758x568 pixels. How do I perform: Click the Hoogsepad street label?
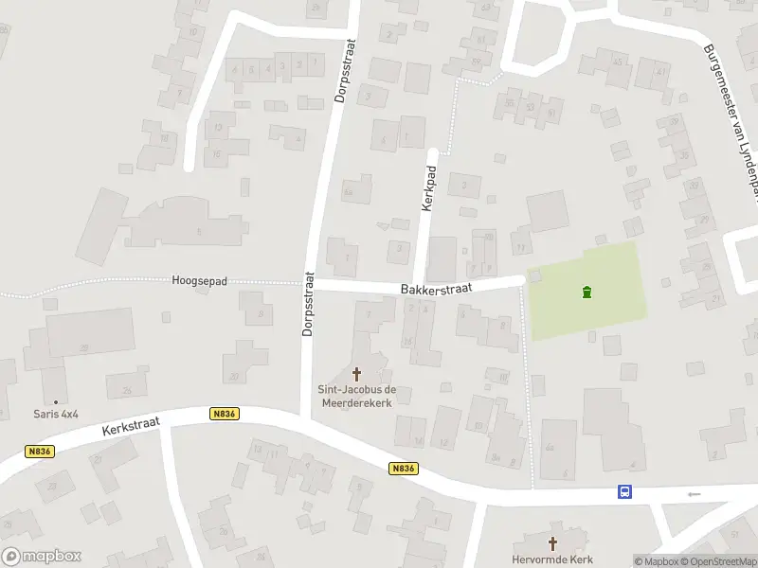click(x=202, y=281)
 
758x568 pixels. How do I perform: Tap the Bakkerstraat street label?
click(x=437, y=286)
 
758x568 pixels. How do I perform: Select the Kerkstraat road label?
click(x=132, y=427)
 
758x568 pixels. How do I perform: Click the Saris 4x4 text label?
click(x=55, y=414)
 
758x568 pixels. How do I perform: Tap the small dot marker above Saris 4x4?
click(x=55, y=401)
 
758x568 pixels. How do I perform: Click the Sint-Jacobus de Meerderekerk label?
click(x=357, y=396)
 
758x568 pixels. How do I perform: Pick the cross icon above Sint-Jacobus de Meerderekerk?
click(x=357, y=374)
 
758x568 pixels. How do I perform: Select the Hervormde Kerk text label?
click(x=554, y=559)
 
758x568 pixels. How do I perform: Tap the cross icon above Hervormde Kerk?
click(x=554, y=543)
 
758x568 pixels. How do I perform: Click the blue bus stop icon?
click(x=625, y=491)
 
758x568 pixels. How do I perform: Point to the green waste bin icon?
click(x=587, y=292)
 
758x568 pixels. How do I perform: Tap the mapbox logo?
click(x=41, y=557)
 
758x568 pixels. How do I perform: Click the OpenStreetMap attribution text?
click(x=718, y=561)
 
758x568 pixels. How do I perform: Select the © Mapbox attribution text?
click(x=657, y=561)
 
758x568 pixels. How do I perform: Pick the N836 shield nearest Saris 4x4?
click(x=40, y=452)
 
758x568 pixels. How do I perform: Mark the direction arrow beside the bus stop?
click(x=695, y=493)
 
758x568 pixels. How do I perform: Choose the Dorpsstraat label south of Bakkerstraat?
click(x=308, y=305)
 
